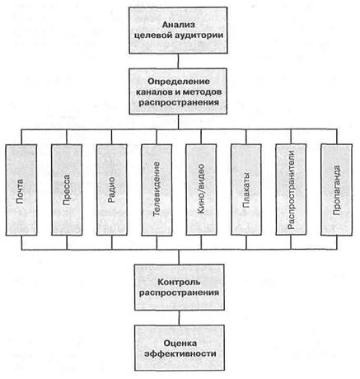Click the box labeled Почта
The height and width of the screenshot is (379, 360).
coord(21,189)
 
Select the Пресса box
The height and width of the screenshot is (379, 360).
coord(67,189)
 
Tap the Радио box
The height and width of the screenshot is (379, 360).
coord(112,189)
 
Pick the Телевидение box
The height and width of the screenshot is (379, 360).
coord(157,189)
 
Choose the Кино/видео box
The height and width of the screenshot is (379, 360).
coord(201,189)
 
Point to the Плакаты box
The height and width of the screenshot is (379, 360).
coord(246,189)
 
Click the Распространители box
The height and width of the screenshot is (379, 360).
coord(291,189)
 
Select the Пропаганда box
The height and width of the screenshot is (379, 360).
coord(337,189)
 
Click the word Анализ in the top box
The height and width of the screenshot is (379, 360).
coord(179,25)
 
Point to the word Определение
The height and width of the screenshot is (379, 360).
coord(179,82)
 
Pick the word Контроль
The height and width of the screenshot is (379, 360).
coord(179,282)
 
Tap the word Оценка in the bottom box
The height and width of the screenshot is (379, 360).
coord(180,344)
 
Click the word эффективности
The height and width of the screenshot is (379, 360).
coord(180,353)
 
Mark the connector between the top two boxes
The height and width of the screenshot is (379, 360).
coord(179,61)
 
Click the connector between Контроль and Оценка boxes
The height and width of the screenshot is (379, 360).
coord(180,318)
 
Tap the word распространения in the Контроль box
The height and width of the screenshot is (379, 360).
coord(179,292)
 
